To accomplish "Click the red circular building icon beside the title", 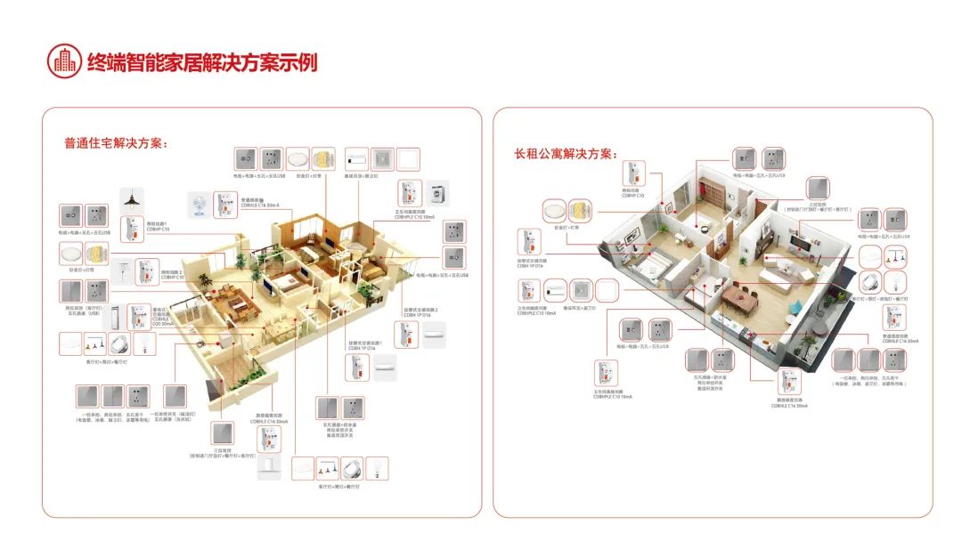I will pos(63,61).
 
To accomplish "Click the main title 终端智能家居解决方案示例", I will pos(202,62).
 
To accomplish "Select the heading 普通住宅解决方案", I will pos(116,143).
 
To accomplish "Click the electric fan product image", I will pos(197,205).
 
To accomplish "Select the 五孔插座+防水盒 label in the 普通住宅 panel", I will pos(339,426).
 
